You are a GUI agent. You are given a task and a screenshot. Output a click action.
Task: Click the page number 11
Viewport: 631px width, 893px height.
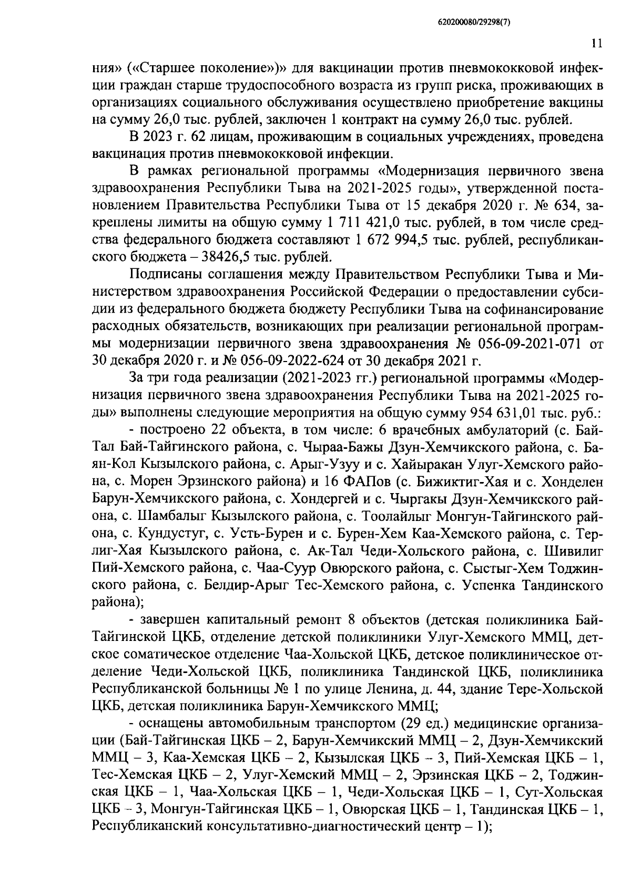tap(596, 44)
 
